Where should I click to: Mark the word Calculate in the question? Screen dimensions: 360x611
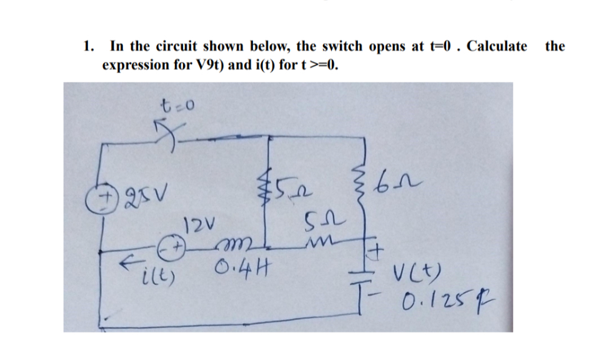click(x=497, y=46)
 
